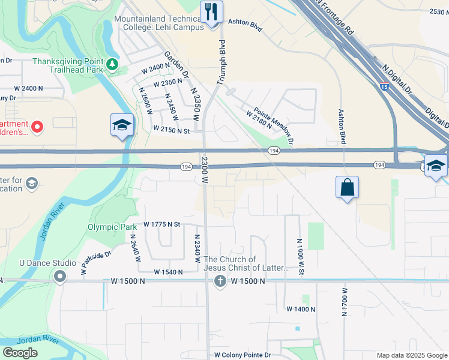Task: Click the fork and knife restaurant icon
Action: [211, 11]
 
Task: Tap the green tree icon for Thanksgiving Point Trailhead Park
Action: [112, 64]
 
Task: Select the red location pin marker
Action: [37, 127]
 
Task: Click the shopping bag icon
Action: [348, 187]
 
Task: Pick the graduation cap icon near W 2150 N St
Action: [122, 125]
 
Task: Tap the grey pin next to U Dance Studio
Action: [59, 277]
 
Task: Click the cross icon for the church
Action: [220, 281]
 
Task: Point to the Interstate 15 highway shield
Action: [384, 86]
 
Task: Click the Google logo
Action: [20, 353]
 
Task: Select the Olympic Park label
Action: [112, 227]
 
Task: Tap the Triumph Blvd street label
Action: [221, 61]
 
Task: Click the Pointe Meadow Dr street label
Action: [274, 125]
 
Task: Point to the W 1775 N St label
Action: [162, 224]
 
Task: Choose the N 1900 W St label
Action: [299, 257]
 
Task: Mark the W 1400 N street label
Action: [301, 309]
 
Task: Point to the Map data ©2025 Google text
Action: [411, 355]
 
